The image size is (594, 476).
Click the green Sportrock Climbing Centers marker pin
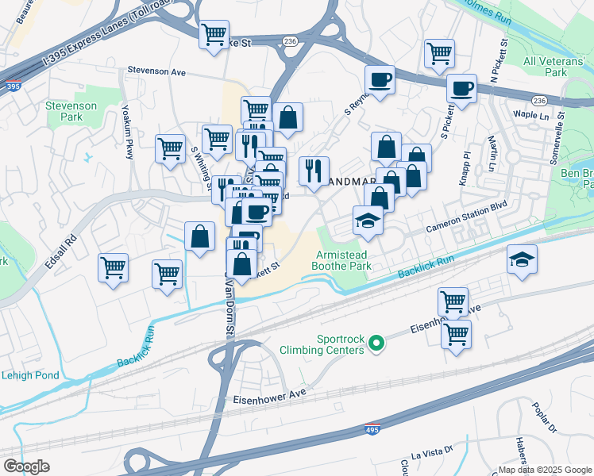click(x=377, y=343)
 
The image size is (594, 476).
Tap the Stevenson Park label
click(x=71, y=111)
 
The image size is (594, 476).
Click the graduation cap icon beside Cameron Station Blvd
click(x=368, y=221)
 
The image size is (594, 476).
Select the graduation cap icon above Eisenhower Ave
click(x=521, y=260)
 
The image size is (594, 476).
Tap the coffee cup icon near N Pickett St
click(x=461, y=89)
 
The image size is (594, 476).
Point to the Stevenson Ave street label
click(x=156, y=71)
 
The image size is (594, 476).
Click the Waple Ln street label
click(x=526, y=113)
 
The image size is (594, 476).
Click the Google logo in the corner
click(x=26, y=466)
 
